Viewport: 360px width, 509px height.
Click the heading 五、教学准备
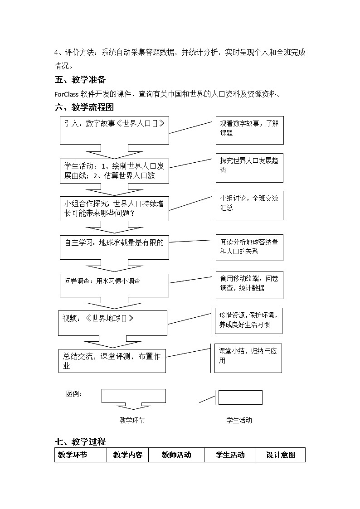[x=80, y=80]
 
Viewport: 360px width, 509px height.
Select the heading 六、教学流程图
[x=84, y=107]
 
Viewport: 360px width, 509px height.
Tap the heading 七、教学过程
[x=80, y=441]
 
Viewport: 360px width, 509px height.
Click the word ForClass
[x=66, y=94]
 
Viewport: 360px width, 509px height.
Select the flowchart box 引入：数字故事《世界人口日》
[x=114, y=130]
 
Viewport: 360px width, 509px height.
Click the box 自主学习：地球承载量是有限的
[x=114, y=247]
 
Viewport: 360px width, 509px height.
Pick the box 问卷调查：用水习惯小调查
[x=114, y=285]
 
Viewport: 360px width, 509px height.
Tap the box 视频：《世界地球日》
[x=112, y=323]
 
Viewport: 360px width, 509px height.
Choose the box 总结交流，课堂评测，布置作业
[x=112, y=361]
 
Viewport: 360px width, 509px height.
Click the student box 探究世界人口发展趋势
[x=249, y=167]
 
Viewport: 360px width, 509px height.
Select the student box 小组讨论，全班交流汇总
[x=249, y=205]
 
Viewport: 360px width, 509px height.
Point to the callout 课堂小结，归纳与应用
[x=248, y=358]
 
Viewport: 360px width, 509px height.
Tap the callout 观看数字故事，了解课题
[x=249, y=130]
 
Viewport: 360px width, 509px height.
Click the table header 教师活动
[x=176, y=455]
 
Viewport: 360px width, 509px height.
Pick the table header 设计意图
[x=281, y=455]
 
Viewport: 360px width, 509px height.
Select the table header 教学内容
[x=128, y=455]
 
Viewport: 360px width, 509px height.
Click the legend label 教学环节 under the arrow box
[x=132, y=420]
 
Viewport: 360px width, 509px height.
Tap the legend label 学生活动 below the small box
[x=239, y=420]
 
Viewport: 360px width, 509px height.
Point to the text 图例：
[x=75, y=394]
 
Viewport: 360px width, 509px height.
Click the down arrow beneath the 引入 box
[x=114, y=150]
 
